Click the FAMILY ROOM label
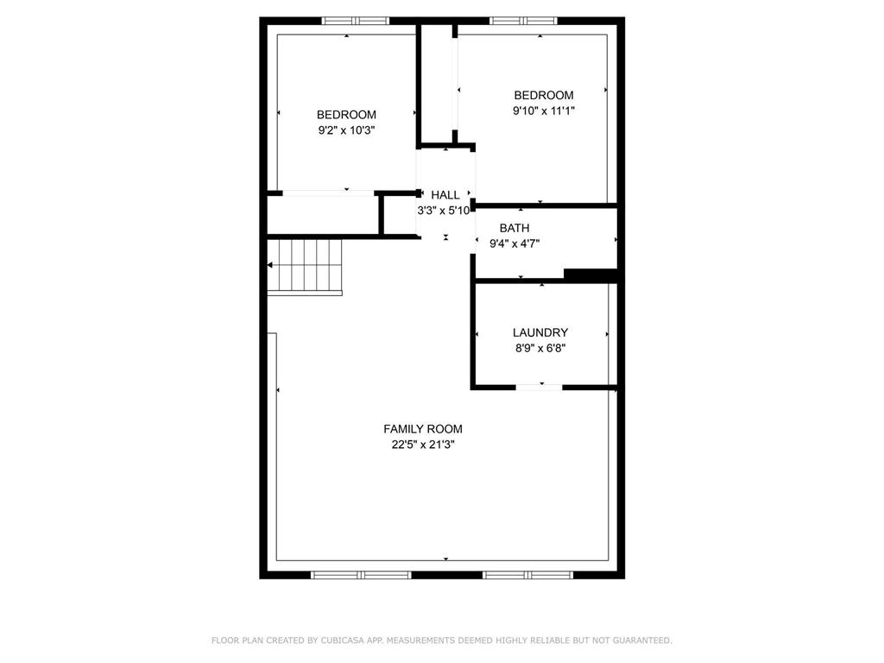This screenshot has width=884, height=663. pyautogui.click(x=423, y=429)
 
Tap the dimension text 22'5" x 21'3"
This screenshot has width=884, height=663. pyautogui.click(x=423, y=445)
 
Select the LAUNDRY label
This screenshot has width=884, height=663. pyautogui.click(x=540, y=332)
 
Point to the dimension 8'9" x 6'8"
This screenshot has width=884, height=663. pyautogui.click(x=540, y=349)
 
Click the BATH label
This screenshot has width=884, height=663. pyautogui.click(x=515, y=228)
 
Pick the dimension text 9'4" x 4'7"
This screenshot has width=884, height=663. pyautogui.click(x=515, y=243)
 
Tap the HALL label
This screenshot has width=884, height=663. pyautogui.click(x=445, y=195)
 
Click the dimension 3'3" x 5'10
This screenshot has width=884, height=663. pyautogui.click(x=443, y=211)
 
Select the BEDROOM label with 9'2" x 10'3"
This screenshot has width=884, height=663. pyautogui.click(x=346, y=115)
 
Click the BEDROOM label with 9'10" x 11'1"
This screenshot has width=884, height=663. pyautogui.click(x=544, y=95)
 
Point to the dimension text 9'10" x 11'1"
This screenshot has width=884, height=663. pyautogui.click(x=544, y=111)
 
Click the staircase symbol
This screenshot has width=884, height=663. pyautogui.click(x=305, y=266)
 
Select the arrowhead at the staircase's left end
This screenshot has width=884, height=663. pyautogui.click(x=270, y=265)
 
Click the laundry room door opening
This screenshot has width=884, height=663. pyautogui.click(x=539, y=388)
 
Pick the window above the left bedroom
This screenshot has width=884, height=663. pyautogui.click(x=355, y=21)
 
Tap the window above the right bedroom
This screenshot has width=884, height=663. pyautogui.click(x=523, y=21)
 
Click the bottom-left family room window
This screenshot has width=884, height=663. pyautogui.click(x=362, y=575)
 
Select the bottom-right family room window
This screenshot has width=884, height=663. pyautogui.click(x=527, y=575)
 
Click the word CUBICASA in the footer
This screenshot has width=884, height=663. pyautogui.click(x=342, y=641)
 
